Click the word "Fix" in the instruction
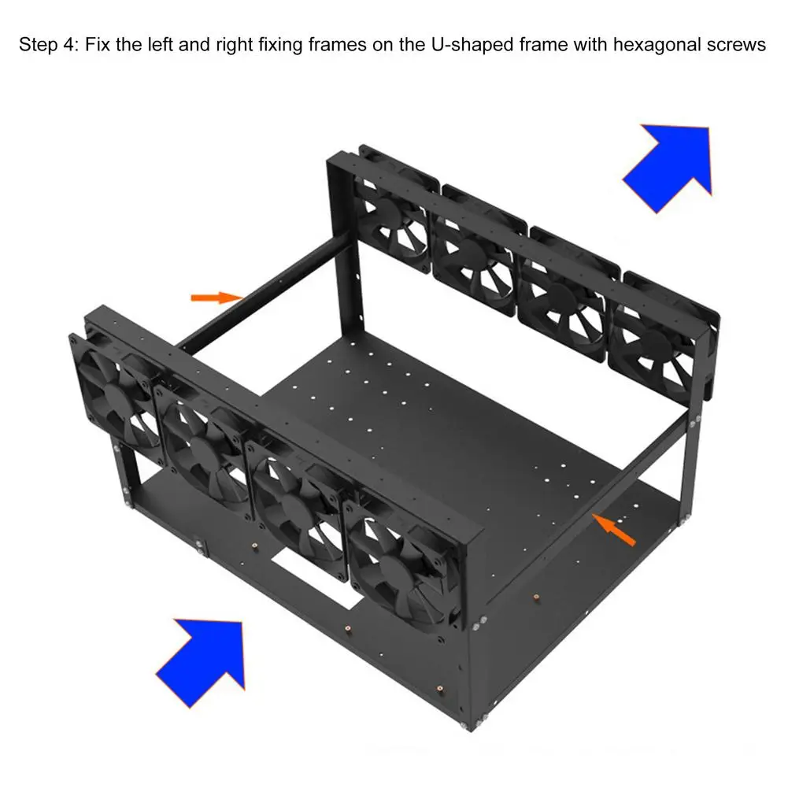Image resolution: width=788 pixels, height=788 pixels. [x=97, y=45]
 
